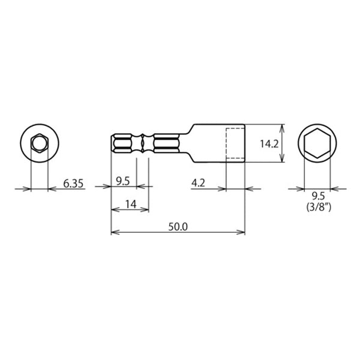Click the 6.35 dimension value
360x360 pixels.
click(73, 184)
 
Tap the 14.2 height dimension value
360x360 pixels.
click(269, 144)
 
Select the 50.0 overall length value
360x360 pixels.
click(178, 227)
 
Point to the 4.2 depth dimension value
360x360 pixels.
click(198, 183)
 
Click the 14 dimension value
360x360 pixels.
click(131, 204)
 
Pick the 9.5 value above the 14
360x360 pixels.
click(123, 181)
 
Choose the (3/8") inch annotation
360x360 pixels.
click(319, 208)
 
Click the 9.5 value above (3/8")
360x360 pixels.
click(319, 196)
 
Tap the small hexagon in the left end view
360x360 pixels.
click(40, 134)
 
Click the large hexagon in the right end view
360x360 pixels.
click(317, 129)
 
